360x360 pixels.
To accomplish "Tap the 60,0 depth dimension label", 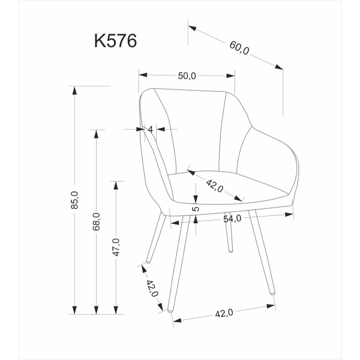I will pos(238,48).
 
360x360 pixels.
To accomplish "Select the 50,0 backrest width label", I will pos(187,76).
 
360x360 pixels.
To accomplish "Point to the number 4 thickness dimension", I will pos(151,129).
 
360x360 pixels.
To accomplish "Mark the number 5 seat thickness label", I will pos(196,209).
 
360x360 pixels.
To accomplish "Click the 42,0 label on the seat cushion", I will pos(214,185).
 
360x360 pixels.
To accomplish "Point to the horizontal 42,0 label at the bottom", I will pos(223,313).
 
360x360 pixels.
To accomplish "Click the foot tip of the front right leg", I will pos(273,293).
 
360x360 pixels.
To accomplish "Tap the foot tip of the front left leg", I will pos(171,312).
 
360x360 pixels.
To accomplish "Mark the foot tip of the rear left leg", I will pos(147,263).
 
